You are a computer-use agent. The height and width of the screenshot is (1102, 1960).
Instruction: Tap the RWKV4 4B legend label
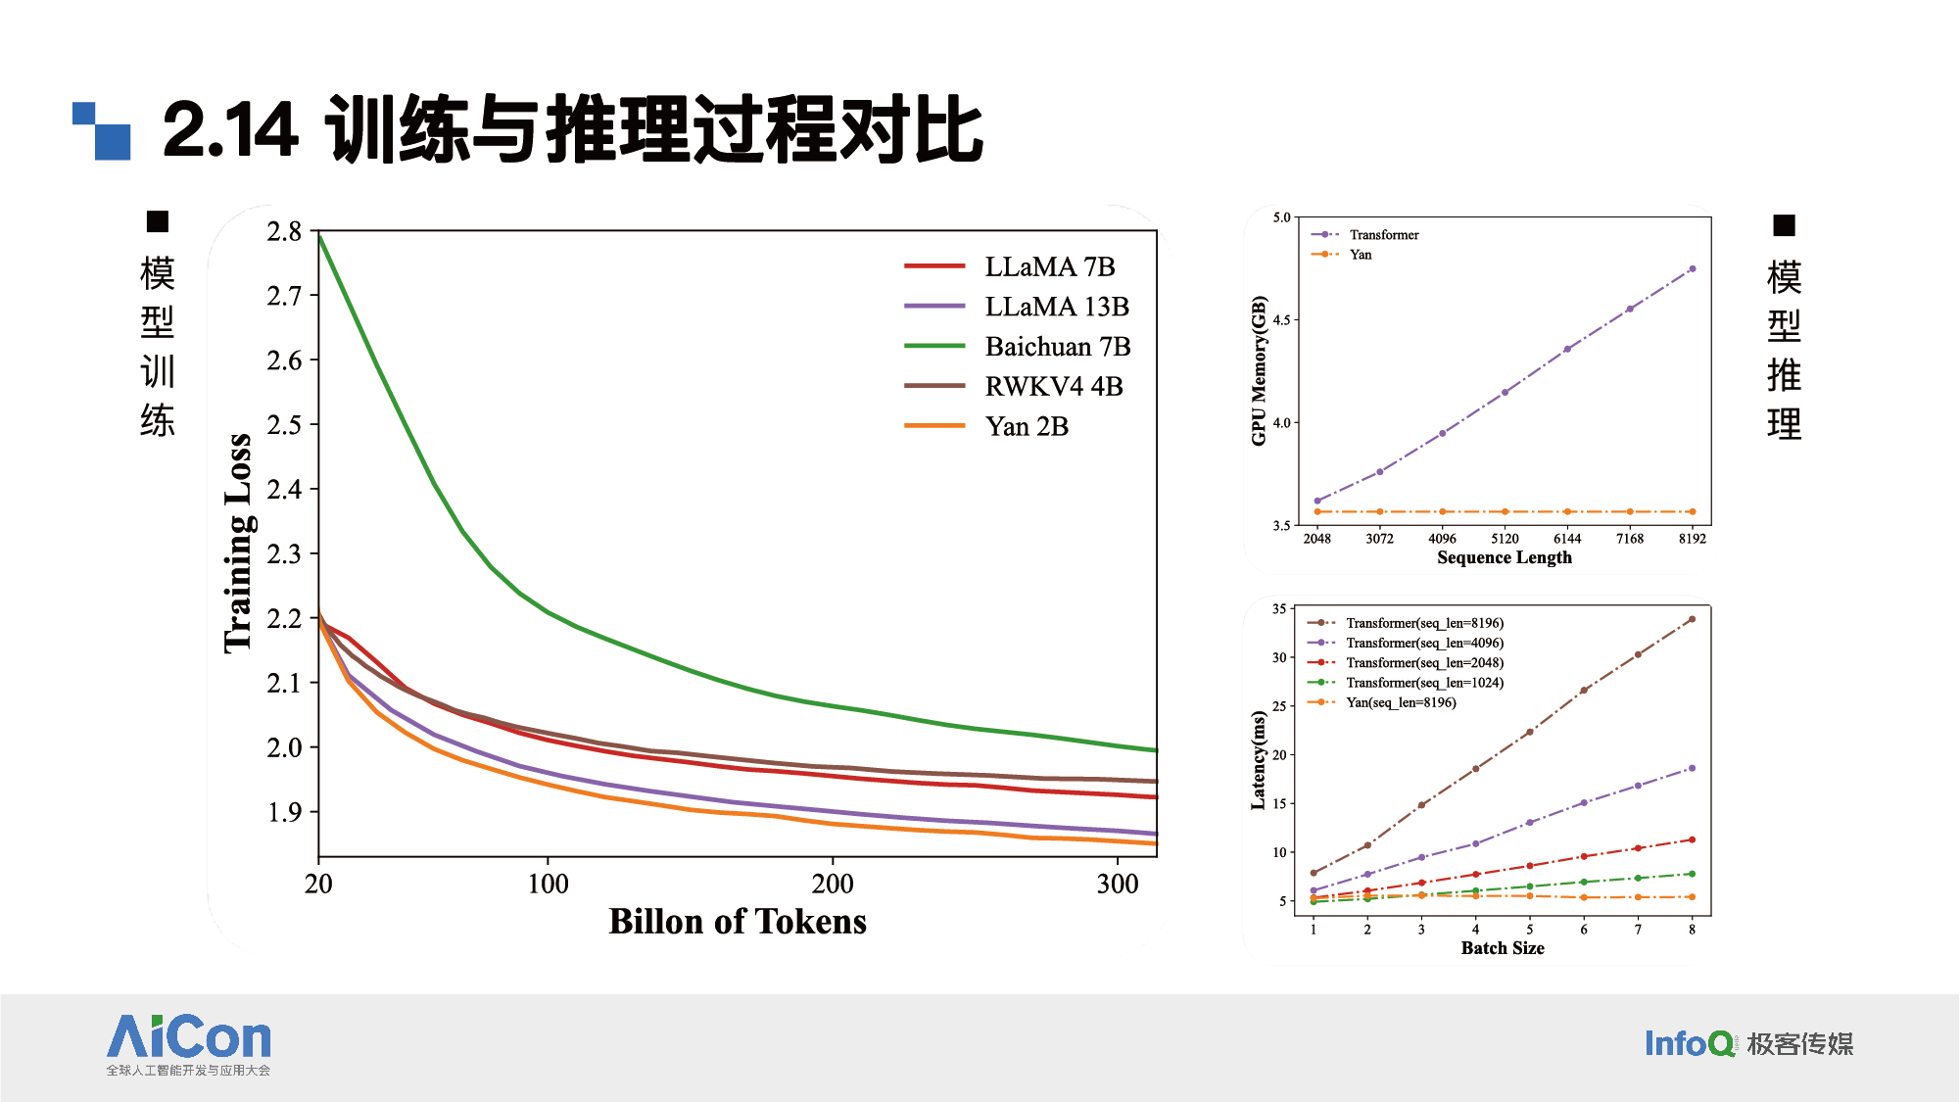(1053, 387)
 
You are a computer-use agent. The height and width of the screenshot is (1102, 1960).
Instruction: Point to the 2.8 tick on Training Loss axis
(284, 232)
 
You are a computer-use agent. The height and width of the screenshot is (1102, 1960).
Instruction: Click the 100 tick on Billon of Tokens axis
(548, 885)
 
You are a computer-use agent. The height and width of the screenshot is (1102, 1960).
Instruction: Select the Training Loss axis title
(238, 543)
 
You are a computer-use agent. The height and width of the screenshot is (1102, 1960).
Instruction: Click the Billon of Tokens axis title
(737, 922)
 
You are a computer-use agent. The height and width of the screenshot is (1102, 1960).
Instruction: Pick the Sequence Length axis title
(1504, 557)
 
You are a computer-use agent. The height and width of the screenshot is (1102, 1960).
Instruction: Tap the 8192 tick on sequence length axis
(1692, 539)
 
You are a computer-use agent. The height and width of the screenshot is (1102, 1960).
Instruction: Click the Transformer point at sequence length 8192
(1692, 269)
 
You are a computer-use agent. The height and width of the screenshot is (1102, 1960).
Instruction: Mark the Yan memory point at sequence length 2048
(1317, 511)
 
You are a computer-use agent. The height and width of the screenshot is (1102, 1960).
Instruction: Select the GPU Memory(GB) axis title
(1259, 371)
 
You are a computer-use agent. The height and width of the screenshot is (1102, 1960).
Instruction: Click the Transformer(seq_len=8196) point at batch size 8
(1692, 619)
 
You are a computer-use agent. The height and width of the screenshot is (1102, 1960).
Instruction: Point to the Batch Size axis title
(1502, 948)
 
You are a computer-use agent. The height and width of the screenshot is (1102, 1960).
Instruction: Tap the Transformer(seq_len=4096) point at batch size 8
(1692, 769)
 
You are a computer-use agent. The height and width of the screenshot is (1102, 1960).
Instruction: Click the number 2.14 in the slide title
(230, 130)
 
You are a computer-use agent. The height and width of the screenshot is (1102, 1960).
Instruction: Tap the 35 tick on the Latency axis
(1279, 609)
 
